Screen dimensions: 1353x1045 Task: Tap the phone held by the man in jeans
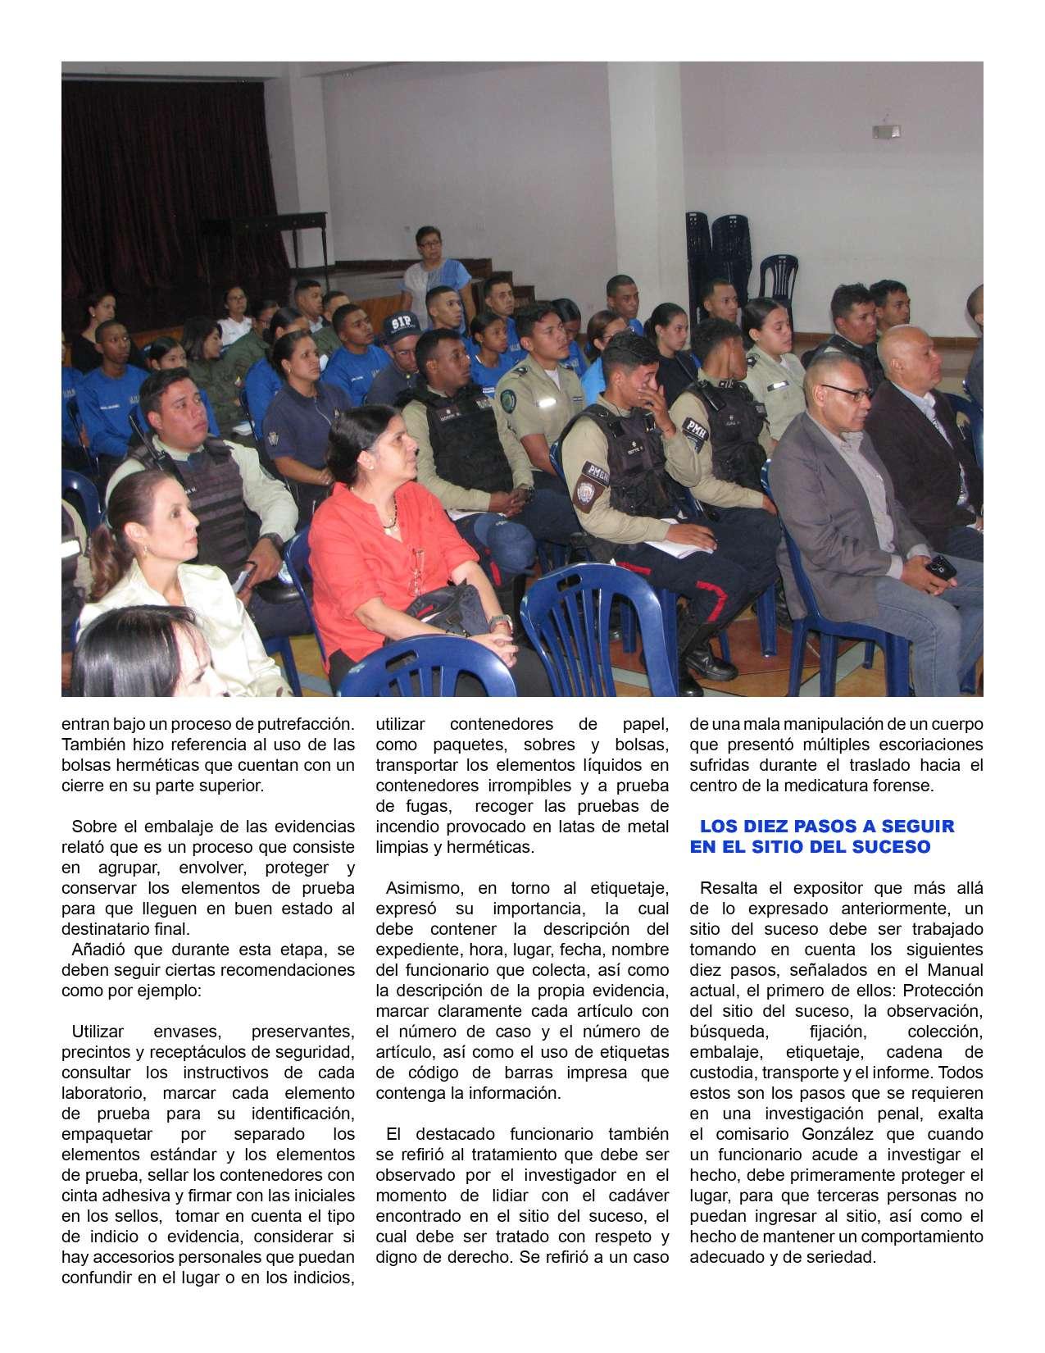tap(940, 565)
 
